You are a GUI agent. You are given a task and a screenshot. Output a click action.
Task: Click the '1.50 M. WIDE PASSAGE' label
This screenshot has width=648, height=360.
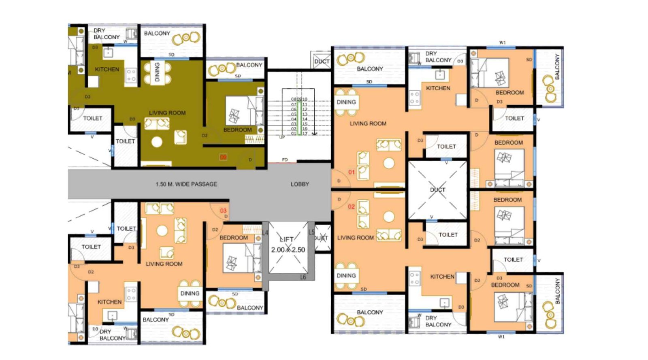[x=186, y=184]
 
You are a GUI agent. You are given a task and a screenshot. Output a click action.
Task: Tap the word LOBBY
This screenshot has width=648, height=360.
[x=300, y=184]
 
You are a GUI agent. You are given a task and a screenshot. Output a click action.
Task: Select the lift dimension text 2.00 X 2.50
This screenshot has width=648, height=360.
[x=288, y=250]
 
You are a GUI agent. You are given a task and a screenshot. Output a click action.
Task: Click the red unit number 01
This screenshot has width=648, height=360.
[x=352, y=172]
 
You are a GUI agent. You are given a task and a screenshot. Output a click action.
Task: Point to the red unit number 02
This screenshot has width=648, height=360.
[x=352, y=207]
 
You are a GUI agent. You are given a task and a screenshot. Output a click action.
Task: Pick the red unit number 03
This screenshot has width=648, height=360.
[x=223, y=211]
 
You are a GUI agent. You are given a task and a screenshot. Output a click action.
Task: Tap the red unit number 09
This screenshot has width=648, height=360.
[x=223, y=157]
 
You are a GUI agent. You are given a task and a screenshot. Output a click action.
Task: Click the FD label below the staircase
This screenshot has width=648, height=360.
[x=285, y=160]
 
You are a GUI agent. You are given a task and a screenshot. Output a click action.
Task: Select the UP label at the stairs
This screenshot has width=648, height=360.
[x=282, y=137]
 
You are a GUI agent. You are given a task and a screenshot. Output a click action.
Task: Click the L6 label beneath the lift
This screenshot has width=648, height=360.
[x=303, y=277]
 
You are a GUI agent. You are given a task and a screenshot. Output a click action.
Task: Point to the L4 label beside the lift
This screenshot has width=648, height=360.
[x=265, y=233]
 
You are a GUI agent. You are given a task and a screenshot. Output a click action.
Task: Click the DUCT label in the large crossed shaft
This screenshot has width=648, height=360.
[x=438, y=190]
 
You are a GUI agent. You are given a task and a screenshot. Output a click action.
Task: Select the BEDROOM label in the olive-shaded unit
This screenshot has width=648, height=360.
[x=237, y=130]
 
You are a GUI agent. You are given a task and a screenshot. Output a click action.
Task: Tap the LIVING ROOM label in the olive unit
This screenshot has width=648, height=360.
[x=167, y=113]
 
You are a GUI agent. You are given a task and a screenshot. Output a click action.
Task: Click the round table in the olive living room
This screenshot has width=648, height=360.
[x=157, y=142]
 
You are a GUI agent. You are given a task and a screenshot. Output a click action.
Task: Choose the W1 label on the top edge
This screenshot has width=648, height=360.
[x=503, y=43]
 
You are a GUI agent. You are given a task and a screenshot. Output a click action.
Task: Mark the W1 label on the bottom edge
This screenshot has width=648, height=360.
[x=501, y=337]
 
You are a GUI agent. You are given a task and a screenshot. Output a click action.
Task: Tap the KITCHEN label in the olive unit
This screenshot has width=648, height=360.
[x=107, y=69]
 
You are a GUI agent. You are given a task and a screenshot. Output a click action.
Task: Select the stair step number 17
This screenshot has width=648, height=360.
[x=305, y=134]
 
